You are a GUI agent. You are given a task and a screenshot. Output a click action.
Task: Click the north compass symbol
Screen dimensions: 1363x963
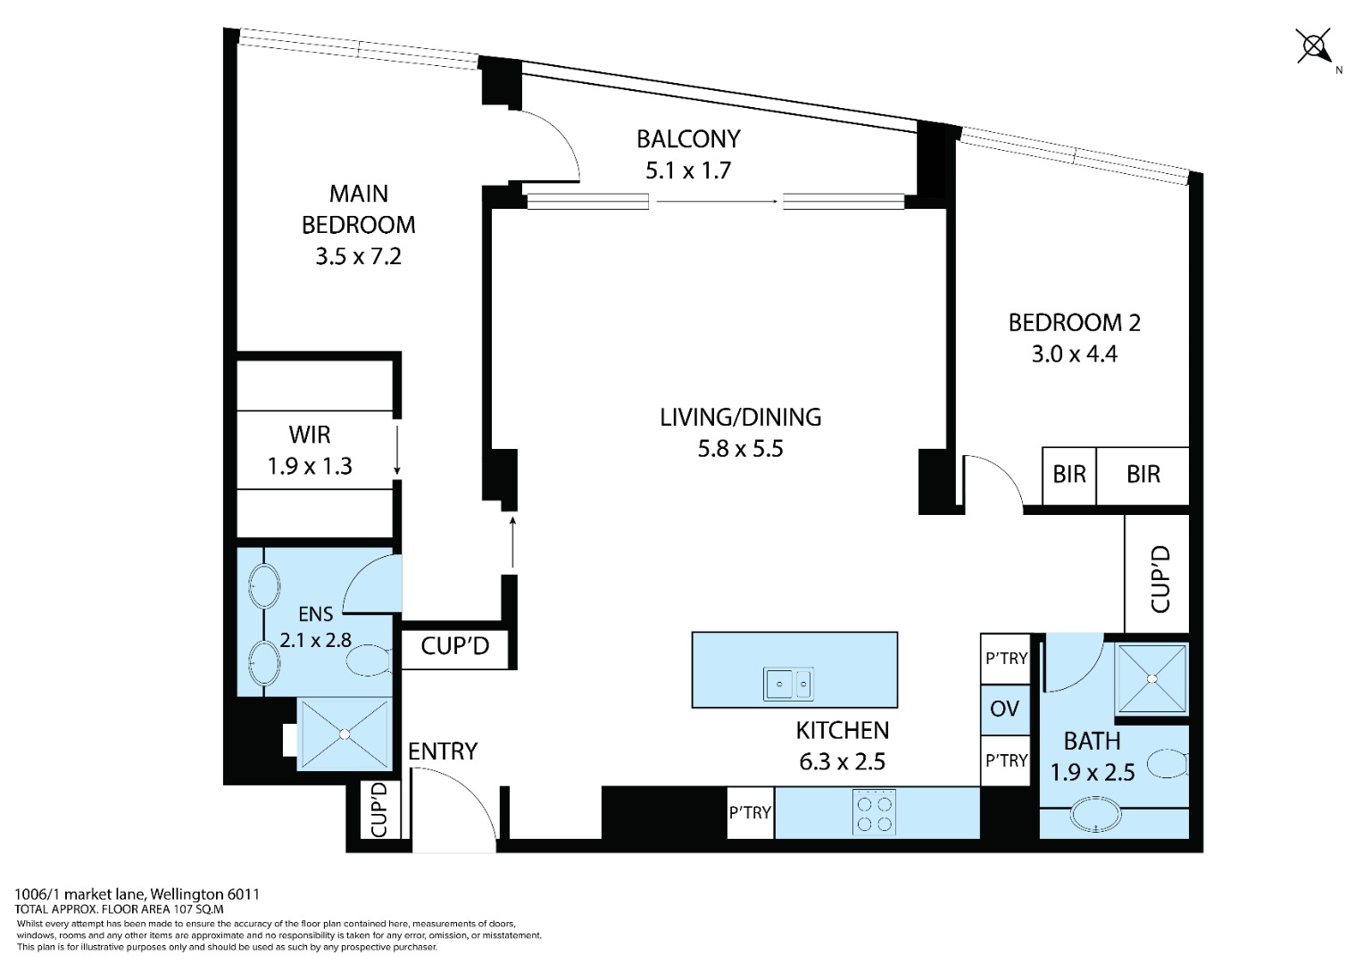tap(1314, 46)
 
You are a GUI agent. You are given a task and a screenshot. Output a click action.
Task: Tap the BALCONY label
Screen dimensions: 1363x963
tap(688, 139)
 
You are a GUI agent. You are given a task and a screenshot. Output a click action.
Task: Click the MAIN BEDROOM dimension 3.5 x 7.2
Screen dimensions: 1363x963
tap(359, 257)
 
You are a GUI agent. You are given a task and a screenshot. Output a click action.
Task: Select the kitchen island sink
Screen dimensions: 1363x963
tap(788, 685)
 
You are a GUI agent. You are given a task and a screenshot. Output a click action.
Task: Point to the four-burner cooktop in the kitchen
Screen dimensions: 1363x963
tap(874, 812)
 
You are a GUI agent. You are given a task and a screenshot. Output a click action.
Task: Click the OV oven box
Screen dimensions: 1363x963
tap(1004, 710)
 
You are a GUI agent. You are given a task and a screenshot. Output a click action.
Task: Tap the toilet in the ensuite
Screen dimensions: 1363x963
tap(369, 660)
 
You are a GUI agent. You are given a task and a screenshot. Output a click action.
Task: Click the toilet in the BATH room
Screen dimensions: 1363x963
tap(1168, 764)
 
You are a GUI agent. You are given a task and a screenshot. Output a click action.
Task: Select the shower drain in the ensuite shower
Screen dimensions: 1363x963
tap(345, 735)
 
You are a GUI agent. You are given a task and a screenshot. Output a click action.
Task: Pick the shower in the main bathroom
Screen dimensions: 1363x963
tap(1151, 679)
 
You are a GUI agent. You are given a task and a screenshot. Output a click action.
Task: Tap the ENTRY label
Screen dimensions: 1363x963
tap(443, 751)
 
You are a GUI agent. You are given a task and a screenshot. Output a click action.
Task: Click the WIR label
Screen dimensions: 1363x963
tap(310, 435)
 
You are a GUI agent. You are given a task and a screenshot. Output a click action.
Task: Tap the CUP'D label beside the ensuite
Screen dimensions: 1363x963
tap(454, 645)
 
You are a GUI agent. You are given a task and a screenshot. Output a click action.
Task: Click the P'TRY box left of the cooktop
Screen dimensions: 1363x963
tap(751, 813)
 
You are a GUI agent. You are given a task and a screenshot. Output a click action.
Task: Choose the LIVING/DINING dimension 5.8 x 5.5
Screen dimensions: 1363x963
tap(740, 449)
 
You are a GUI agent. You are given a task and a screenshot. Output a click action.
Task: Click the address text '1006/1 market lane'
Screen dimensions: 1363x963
tap(79, 894)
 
